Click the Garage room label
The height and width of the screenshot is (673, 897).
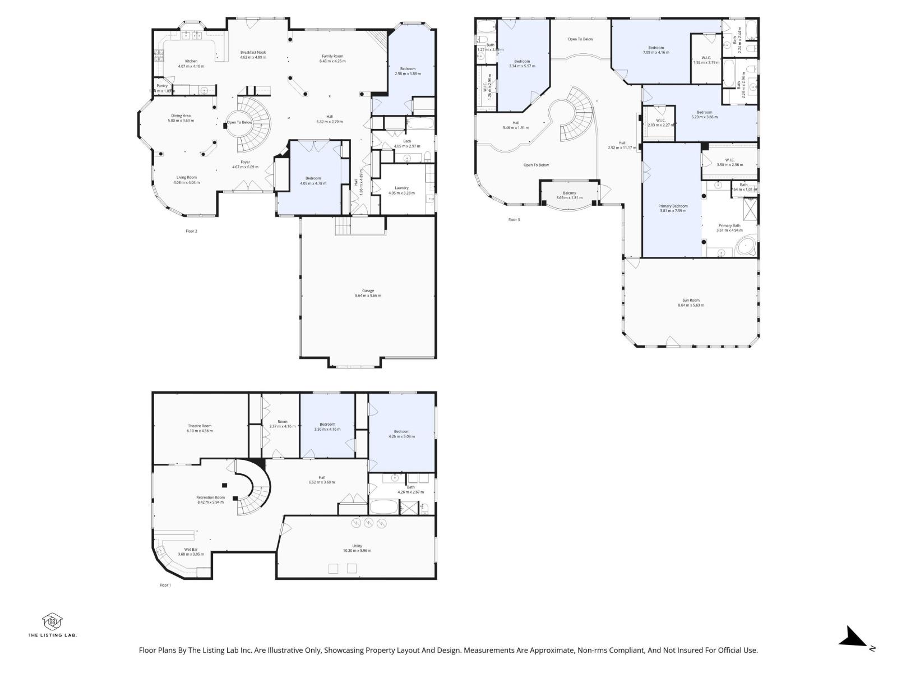tap(368, 291)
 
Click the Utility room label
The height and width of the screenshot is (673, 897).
tap(357, 546)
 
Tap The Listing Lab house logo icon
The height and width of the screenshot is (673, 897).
tap(53, 621)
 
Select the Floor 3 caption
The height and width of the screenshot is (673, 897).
tap(514, 220)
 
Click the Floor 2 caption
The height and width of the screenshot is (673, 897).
tap(191, 231)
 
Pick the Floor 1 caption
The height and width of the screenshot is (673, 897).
tap(165, 585)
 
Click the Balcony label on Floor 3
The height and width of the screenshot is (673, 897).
tap(569, 193)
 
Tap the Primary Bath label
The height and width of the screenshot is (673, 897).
tap(729, 225)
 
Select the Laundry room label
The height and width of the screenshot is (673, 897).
tap(401, 188)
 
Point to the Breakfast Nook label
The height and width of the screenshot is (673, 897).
tap(253, 52)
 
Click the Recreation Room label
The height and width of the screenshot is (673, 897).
tap(210, 497)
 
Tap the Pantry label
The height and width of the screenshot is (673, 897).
tap(161, 86)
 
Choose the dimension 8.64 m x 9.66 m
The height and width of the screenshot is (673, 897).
tap(368, 296)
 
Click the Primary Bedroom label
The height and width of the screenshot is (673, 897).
tap(673, 206)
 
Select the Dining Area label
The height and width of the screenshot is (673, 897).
tap(181, 116)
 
